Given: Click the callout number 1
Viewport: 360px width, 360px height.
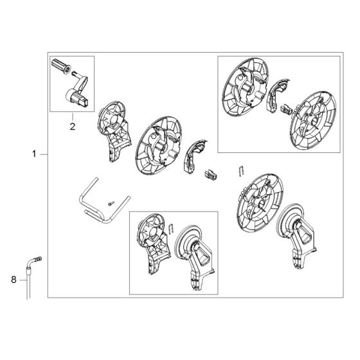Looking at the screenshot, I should coord(34,154).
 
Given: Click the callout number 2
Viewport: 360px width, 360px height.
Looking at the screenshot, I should coord(72,126).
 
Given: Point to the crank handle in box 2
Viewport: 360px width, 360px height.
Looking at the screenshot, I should coord(78,93).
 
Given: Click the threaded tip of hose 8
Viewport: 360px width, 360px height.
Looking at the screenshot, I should coord(38,259).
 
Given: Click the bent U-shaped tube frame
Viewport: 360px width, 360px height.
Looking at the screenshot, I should coord(90,203).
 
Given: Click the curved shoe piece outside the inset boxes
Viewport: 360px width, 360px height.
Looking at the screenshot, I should coord(194,159).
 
